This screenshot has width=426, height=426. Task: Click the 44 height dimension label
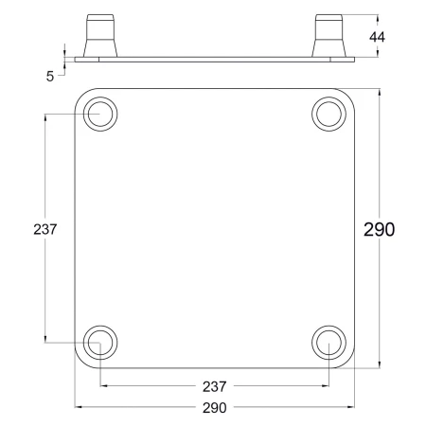[x=377, y=37]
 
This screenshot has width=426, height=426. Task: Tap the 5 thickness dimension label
[x=50, y=77]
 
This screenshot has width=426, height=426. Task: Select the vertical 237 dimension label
[x=45, y=229]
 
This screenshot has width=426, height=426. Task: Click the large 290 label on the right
[x=379, y=229]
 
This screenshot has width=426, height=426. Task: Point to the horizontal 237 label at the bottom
[x=215, y=386]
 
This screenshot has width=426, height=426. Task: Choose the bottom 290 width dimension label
[x=215, y=408]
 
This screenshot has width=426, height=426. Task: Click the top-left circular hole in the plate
[x=100, y=114]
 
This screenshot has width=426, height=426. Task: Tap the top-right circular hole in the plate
[x=328, y=114]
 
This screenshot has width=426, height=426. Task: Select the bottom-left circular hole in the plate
[x=100, y=343]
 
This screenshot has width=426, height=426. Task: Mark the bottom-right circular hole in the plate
[x=328, y=343]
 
